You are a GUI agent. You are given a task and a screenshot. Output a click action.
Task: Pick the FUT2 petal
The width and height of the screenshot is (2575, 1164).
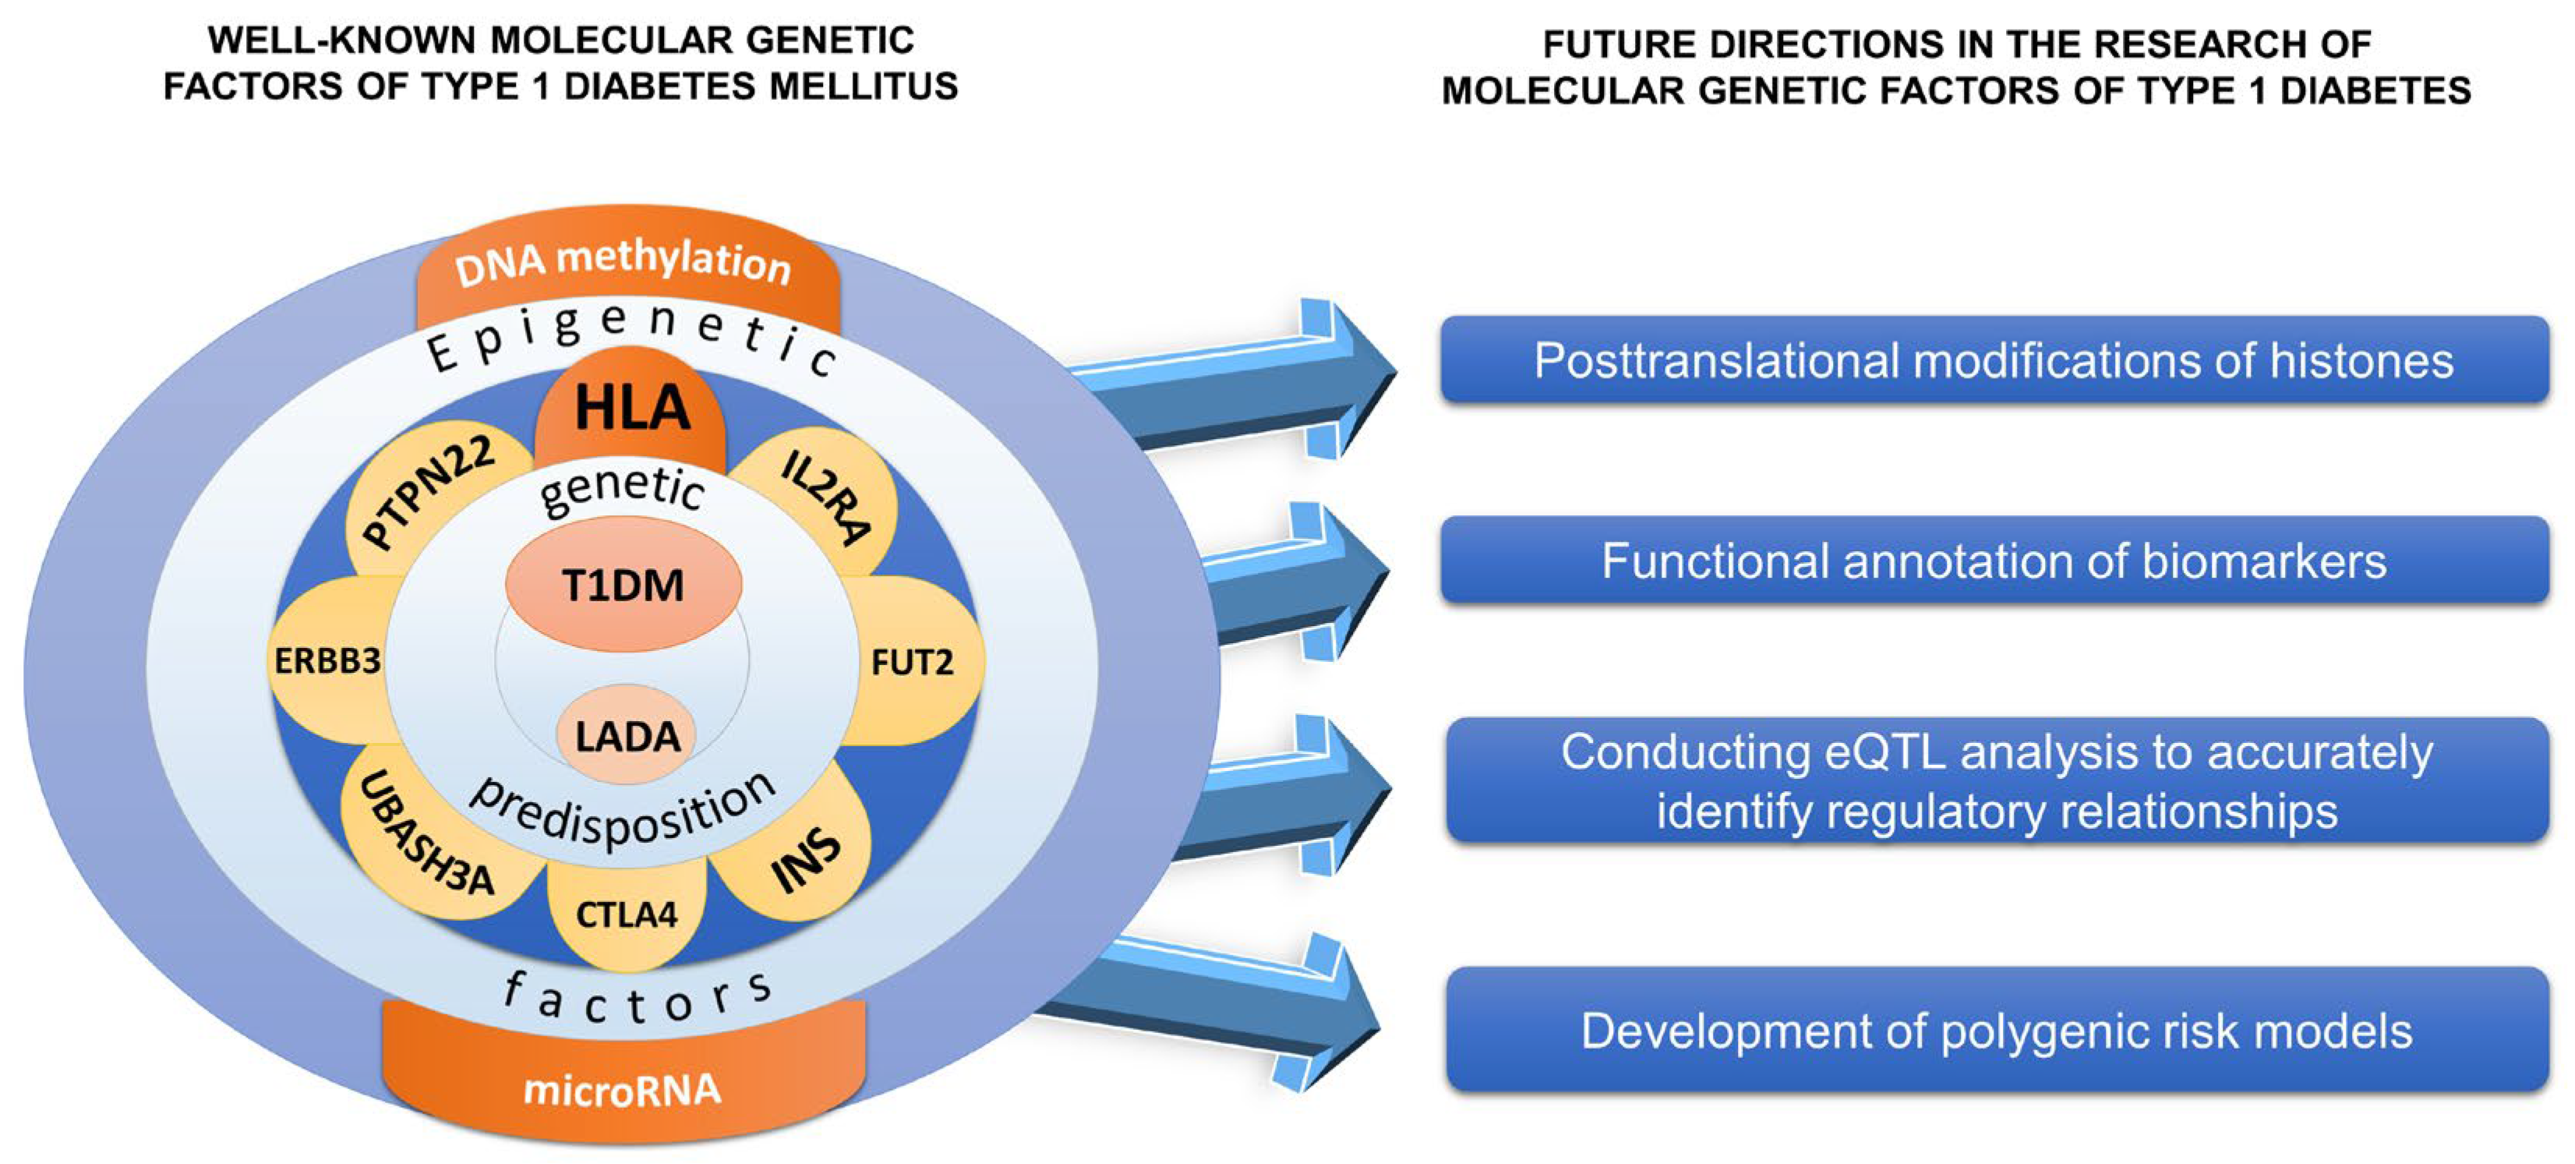click(912, 662)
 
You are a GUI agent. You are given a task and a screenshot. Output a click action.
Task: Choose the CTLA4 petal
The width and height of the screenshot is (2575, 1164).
click(627, 913)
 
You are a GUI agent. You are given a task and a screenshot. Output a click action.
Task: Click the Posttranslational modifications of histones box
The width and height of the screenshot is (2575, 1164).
click(1994, 361)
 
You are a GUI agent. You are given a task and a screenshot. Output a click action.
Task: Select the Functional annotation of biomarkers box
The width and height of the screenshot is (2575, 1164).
click(1994, 561)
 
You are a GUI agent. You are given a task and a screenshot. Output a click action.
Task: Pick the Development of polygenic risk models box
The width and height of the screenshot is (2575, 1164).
click(1995, 1031)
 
